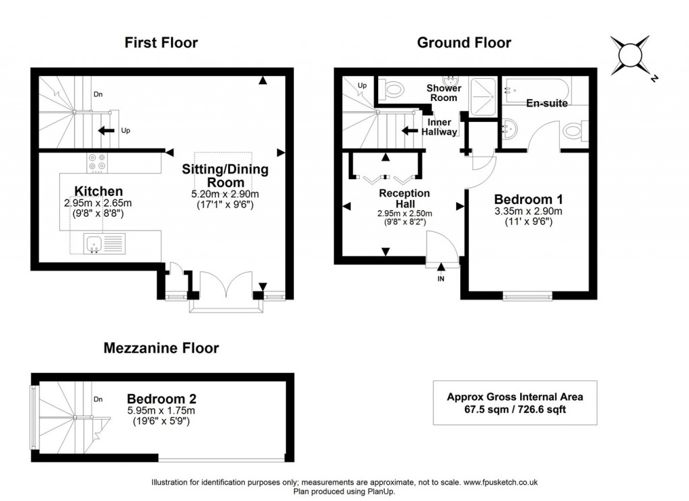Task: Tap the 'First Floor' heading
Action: (x=161, y=43)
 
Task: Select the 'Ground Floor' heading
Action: (x=464, y=43)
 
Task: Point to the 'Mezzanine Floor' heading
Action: (x=161, y=348)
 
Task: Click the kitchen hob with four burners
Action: (x=96, y=162)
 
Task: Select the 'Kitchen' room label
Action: (x=98, y=191)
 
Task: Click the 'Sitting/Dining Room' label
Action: (x=216, y=176)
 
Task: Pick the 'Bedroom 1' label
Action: (x=528, y=199)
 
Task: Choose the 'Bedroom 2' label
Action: (x=161, y=397)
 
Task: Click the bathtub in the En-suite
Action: (x=536, y=88)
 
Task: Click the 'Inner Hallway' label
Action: (x=439, y=127)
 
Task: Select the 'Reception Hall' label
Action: (x=404, y=199)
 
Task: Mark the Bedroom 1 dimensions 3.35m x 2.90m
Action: (x=528, y=211)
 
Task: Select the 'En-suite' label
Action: (x=546, y=104)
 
